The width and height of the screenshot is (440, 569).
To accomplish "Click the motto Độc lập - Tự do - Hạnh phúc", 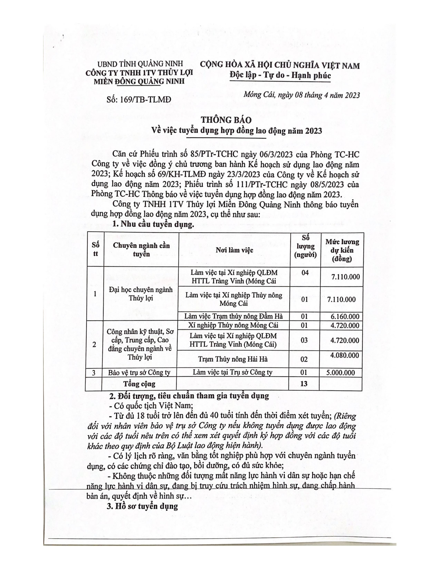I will (x=280, y=75).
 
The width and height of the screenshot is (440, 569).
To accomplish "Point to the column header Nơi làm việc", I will (x=234, y=250).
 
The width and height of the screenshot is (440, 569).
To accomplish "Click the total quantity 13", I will (x=304, y=383).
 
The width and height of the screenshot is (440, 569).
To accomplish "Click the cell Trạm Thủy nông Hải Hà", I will (x=233, y=359).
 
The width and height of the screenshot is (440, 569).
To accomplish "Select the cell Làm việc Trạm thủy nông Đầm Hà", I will (x=234, y=316).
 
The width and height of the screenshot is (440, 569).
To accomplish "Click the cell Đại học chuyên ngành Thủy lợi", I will (x=140, y=294).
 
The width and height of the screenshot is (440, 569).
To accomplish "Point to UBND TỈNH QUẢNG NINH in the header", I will (x=140, y=64).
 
